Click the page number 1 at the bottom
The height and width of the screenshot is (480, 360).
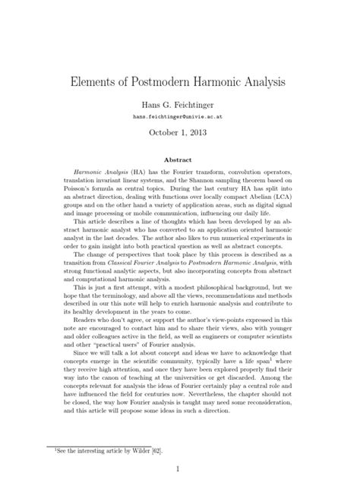pyautogui.click(x=179, y=459)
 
